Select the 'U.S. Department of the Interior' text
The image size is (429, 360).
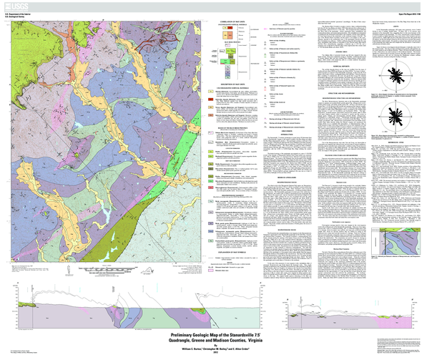(19, 13)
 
